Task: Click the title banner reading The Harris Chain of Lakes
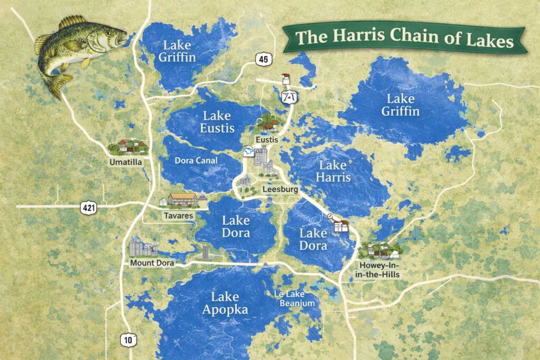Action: pos(404,38)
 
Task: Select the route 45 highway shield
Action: pos(263,60)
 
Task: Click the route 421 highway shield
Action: pos(88,207)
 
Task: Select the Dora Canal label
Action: pos(196,161)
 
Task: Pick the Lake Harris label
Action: pos(333,171)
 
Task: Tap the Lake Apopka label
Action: pos(225,303)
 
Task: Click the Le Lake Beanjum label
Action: pos(294,299)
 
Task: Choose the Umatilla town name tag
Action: pos(126,162)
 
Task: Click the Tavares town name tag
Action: pos(178,216)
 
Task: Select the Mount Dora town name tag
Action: pos(151,262)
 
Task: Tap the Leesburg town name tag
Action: pos(281,189)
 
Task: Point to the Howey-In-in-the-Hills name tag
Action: pos(379,269)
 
